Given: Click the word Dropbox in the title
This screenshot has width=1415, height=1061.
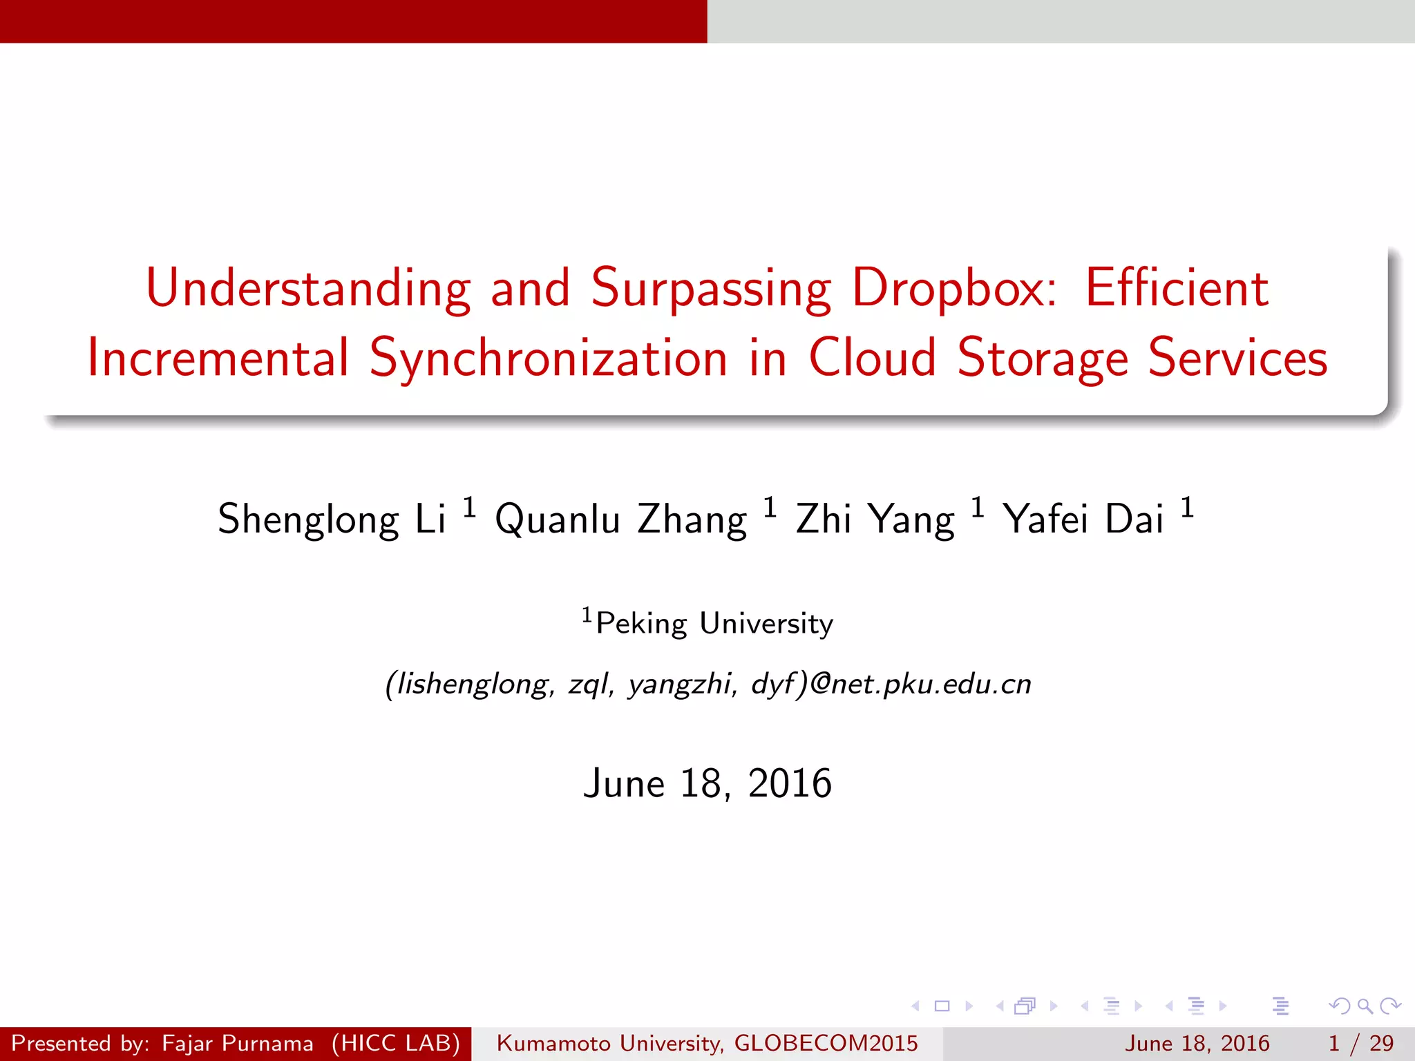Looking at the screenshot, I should pos(954,288).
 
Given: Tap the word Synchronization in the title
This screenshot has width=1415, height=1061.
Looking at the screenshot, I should pos(549,359).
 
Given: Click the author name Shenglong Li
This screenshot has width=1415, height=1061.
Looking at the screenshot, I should pos(332,519).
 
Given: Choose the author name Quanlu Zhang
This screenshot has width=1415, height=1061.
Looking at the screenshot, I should pos(620,519).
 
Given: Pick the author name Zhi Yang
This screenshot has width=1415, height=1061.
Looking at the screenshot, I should pos(875,519).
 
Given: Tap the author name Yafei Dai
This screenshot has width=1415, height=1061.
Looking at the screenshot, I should pos(1083,519).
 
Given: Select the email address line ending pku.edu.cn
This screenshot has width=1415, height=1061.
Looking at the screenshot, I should pos(708,684).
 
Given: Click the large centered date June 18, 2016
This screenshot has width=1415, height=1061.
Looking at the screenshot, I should pos(707,783).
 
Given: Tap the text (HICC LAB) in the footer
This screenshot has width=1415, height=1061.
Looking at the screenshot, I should pos(395,1043).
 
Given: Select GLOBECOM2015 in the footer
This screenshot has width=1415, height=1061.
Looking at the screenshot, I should pos(826,1043).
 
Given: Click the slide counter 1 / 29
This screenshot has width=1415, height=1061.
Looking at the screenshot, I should pos(1360,1043).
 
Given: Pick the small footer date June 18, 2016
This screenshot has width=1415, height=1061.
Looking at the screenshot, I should pos(1197,1043).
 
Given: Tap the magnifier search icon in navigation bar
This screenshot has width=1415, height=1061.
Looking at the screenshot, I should pos(1365,1006).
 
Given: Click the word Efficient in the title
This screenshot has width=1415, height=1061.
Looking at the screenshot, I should pos(1177,288).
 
